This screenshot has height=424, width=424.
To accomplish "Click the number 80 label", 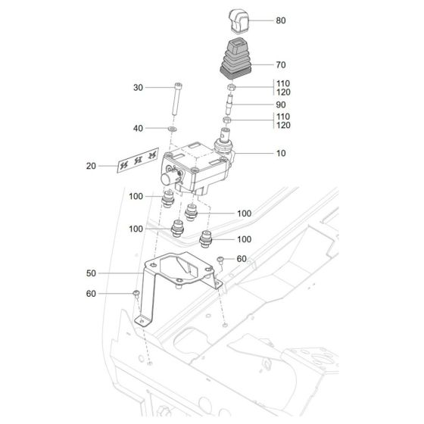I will click(x=280, y=20).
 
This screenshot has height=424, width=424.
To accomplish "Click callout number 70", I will click(x=280, y=65).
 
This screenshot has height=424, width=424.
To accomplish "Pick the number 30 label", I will click(x=139, y=88).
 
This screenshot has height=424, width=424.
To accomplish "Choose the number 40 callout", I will click(x=139, y=129).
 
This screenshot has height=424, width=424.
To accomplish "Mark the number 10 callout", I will click(x=280, y=153).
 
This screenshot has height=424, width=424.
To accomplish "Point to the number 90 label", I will click(x=280, y=104).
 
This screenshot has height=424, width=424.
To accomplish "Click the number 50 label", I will click(x=92, y=273).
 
